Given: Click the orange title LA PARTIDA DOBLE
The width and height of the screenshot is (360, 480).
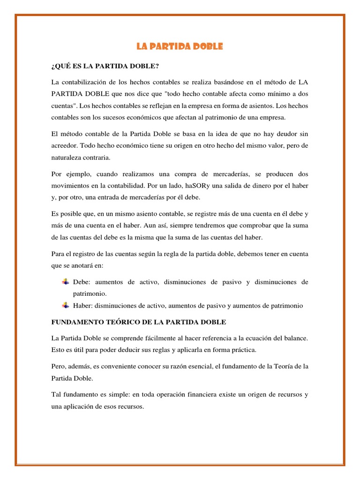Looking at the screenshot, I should point(180,46).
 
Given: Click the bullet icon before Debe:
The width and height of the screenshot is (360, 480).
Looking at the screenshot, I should point(66,282).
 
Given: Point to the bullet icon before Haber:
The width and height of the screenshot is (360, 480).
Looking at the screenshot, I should point(66,306).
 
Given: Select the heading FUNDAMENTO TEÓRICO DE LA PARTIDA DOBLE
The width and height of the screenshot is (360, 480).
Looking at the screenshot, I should point(138,322).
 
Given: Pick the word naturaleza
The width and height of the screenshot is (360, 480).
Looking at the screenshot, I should point(67,158).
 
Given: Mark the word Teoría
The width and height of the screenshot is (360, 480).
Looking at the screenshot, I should point(283,366).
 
